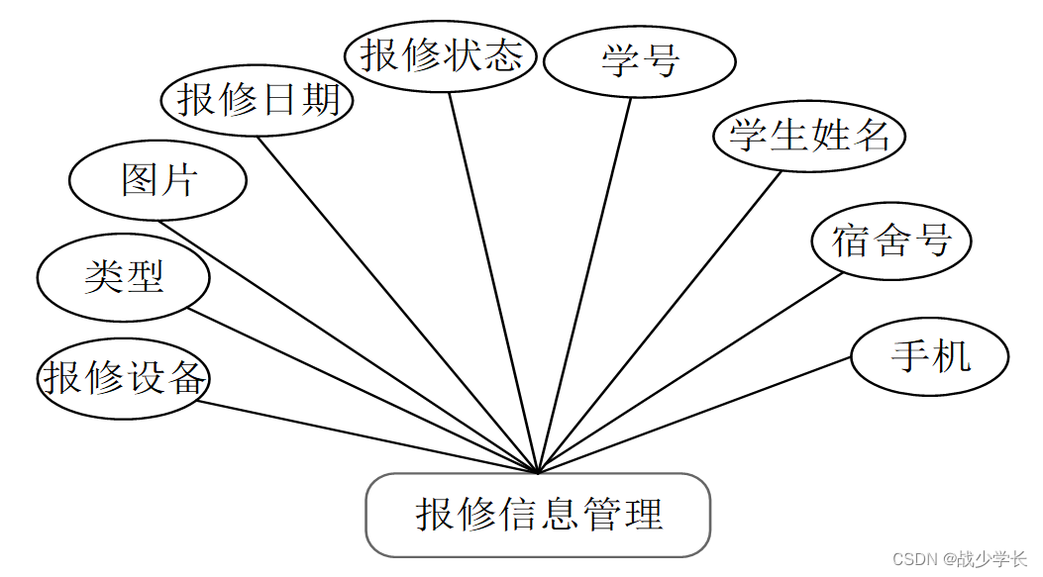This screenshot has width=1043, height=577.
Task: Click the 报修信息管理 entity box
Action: [538, 515]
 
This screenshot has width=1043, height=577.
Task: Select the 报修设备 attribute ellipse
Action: [124, 377]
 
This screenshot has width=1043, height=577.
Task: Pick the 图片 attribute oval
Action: [157, 180]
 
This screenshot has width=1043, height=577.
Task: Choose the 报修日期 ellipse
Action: [258, 100]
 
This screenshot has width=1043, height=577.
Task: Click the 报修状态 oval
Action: [441, 55]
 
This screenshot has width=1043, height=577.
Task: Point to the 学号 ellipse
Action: [640, 61]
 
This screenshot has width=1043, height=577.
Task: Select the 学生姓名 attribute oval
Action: [809, 136]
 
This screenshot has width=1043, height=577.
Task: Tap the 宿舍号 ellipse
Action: [890, 240]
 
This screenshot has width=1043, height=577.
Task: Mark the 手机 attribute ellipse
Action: [929, 356]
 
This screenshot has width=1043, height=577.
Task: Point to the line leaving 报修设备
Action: [366, 436]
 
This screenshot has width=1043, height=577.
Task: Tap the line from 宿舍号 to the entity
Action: [688, 372]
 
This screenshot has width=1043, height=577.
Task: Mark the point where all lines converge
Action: [538, 472]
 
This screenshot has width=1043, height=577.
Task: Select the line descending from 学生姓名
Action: [659, 322]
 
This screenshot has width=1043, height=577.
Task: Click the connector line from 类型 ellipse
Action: [362, 391]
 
